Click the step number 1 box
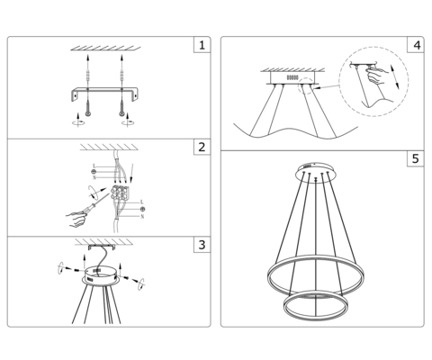(202, 45)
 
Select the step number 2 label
(202, 147)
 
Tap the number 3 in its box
(202, 244)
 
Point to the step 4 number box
(415, 45)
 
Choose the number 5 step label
(415, 159)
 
